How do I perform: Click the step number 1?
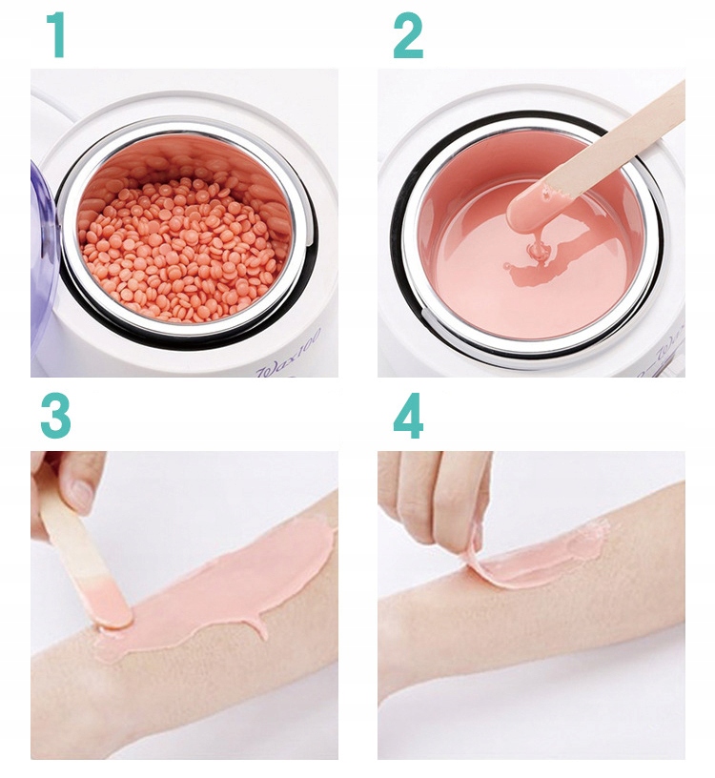[x=57, y=36]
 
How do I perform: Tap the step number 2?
[x=408, y=36]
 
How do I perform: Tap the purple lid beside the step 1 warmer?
[x=42, y=257]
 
